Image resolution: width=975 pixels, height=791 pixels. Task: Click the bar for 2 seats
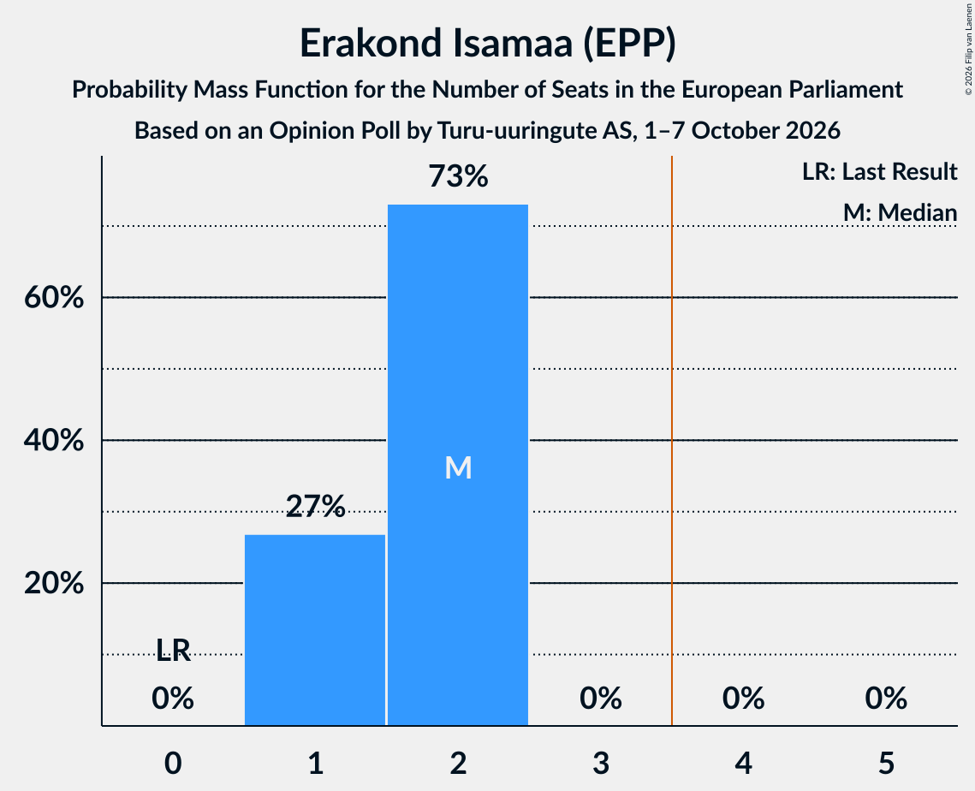458,465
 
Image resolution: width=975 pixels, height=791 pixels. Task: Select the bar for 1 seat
315,630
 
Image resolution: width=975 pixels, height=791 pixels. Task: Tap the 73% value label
458,176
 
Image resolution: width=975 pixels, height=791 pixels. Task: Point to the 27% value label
315,506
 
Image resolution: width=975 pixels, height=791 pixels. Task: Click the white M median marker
458,467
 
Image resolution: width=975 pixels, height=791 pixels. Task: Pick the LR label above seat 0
173,650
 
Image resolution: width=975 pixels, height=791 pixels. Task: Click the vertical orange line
672,440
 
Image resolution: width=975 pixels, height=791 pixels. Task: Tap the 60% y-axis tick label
54,297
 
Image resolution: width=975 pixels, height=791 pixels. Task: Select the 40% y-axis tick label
54,440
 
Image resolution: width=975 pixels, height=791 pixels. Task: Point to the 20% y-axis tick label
54,583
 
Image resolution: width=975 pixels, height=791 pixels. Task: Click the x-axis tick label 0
173,763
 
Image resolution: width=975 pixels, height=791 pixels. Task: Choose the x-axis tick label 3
601,763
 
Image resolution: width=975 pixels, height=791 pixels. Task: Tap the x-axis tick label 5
886,763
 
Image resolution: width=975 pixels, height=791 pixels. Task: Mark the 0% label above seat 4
744,699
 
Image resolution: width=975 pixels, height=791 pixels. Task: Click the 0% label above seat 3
601,699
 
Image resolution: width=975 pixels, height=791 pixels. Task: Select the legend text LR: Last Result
879,171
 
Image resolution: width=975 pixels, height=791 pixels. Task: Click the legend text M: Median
900,212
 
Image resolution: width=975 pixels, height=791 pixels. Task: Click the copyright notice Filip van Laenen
968,50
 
